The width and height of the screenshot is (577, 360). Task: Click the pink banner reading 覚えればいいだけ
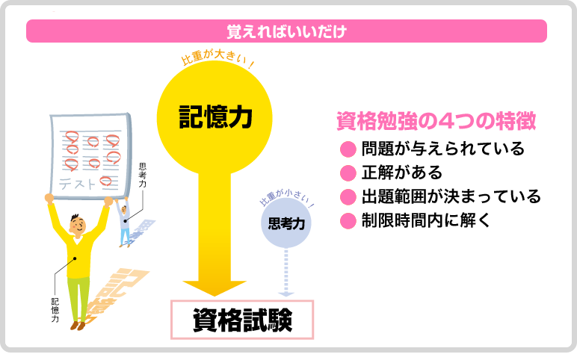286,31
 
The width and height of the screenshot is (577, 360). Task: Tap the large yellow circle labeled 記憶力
215,118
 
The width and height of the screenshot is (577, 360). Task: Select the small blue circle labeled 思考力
286,223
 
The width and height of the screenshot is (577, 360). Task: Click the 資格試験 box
242,320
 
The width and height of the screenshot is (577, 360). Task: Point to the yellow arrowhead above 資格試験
215,288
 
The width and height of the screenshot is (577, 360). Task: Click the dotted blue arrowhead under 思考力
286,294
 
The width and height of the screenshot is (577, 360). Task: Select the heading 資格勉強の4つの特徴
436,121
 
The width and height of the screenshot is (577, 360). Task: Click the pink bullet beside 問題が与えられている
348,149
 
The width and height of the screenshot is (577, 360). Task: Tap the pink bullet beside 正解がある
348,173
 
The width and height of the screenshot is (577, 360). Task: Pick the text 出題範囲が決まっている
451,196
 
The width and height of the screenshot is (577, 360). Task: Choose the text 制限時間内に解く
426,220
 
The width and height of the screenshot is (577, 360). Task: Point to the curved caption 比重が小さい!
287,198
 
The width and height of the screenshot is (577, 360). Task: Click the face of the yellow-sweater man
78,224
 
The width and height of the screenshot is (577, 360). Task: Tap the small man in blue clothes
124,222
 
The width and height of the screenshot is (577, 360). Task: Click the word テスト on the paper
77,183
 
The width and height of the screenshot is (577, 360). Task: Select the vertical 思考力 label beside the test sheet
143,175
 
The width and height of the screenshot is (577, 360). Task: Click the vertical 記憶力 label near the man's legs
55,311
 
